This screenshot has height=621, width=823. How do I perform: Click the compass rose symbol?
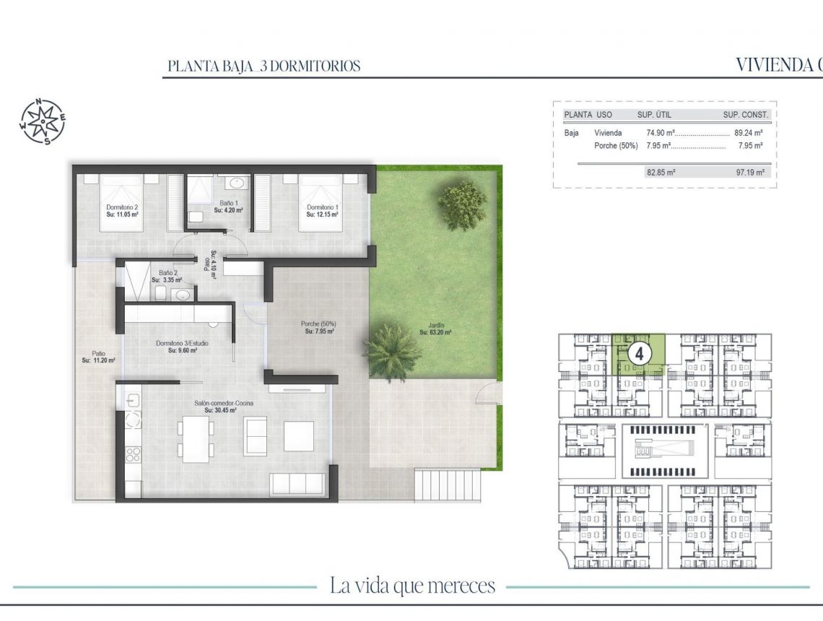click(x=42, y=121)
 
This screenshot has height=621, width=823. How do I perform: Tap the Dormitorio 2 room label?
click(x=122, y=211)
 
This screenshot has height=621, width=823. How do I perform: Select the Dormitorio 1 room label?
click(x=321, y=211)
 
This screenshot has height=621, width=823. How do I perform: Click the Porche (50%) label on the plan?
click(x=318, y=328)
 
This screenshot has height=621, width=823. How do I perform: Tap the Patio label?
click(x=98, y=356)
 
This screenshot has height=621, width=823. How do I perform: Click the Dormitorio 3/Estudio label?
click(x=182, y=347)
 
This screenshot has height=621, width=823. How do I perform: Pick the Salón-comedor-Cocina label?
click(x=223, y=407)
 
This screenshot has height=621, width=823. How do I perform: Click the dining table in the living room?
click(x=196, y=438)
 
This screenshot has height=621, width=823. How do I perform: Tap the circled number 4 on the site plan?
click(x=640, y=353)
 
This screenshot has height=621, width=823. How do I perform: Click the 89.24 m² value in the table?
click(x=749, y=133)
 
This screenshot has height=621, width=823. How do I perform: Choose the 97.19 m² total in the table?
click(x=749, y=173)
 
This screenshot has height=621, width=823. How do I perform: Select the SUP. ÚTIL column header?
click(x=656, y=115)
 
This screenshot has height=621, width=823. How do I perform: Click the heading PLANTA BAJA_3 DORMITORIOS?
click(x=264, y=66)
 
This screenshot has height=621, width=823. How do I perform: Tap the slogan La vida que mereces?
click(x=412, y=585)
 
